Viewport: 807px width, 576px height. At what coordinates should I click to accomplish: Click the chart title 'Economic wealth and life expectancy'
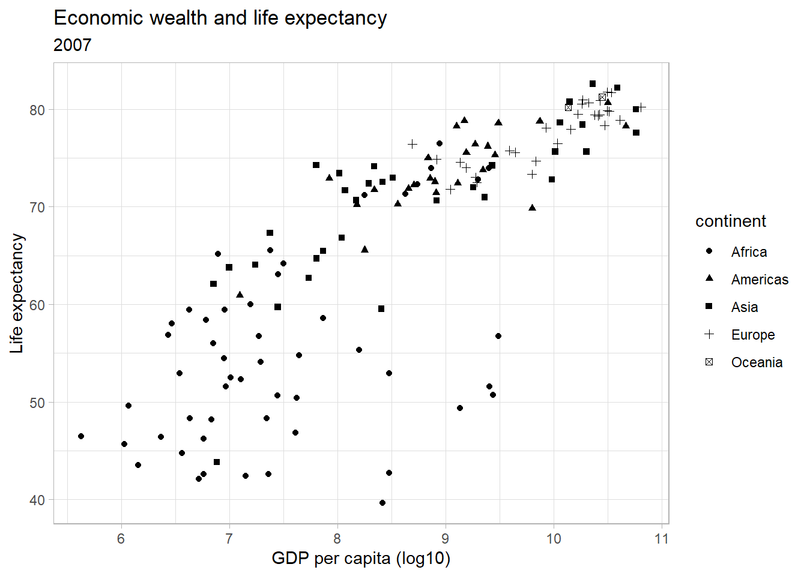point(220,18)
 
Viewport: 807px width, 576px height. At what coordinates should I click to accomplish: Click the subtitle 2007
point(73,45)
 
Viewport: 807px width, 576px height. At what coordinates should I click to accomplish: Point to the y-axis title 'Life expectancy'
point(17,293)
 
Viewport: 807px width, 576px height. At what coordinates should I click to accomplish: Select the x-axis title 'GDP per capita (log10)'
point(361,559)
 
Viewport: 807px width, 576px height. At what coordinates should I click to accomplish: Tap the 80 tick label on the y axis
point(37,110)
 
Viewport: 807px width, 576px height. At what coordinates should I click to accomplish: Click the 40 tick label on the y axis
point(37,500)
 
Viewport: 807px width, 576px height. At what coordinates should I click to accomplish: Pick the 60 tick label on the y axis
point(37,305)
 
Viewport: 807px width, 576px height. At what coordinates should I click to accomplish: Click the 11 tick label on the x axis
point(662,539)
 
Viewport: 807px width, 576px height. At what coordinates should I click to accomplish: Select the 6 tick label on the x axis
point(121,539)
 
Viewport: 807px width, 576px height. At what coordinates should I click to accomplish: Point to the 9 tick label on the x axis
point(446,539)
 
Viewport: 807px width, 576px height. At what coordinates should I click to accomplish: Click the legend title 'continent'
point(730,221)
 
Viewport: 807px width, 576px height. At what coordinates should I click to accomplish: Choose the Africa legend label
point(749,252)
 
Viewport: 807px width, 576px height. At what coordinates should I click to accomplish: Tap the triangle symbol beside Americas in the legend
point(709,278)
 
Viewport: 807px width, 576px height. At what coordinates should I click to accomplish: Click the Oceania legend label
point(757,362)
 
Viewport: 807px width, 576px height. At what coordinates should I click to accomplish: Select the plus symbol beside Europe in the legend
point(709,334)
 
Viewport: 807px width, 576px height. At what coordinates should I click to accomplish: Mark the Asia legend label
point(745,307)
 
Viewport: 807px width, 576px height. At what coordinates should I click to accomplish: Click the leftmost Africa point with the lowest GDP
point(81,436)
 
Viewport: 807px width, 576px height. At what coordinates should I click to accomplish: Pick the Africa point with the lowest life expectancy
point(382,503)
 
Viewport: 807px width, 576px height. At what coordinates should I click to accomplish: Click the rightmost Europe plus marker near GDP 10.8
point(641,107)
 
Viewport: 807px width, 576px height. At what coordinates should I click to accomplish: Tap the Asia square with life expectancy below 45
point(217,462)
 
